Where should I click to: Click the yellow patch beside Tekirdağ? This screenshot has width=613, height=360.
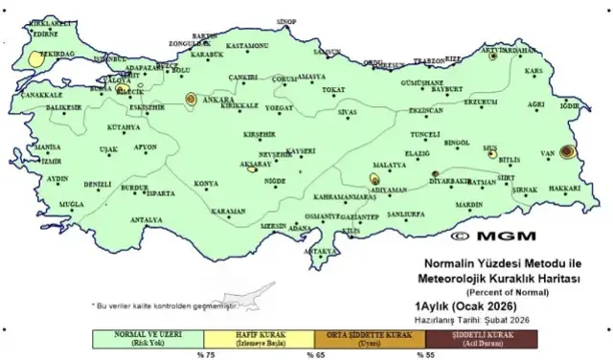click(35, 58)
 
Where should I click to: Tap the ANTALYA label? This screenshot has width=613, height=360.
click(146, 219)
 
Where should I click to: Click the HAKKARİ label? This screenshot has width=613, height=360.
click(566, 189)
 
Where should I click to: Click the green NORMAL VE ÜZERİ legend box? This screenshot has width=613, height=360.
click(149, 338)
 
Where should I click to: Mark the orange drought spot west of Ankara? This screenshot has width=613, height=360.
click(191, 99)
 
